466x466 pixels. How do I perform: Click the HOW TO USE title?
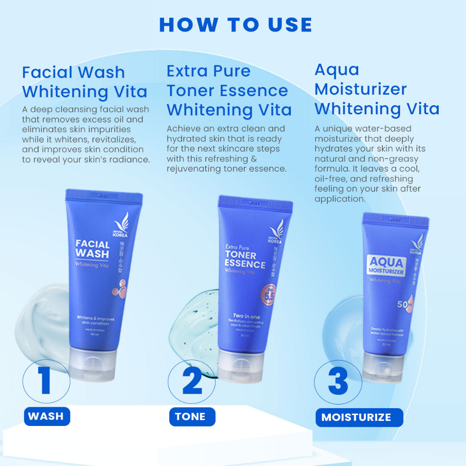coord(236,25)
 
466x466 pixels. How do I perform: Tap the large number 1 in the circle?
coord(46,381)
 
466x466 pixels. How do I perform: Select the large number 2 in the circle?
coord(192,381)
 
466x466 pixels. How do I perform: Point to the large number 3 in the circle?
coord(338,381)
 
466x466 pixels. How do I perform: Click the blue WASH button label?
coord(46,416)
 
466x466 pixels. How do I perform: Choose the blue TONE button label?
coord(191,416)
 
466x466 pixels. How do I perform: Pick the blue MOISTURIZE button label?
coord(356,417)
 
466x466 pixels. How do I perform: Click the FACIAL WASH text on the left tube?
coord(92,248)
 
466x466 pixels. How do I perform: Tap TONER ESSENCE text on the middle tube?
coord(245,260)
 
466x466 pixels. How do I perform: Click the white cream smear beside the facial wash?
coord(36,319)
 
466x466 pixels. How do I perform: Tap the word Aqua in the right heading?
coord(337,70)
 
